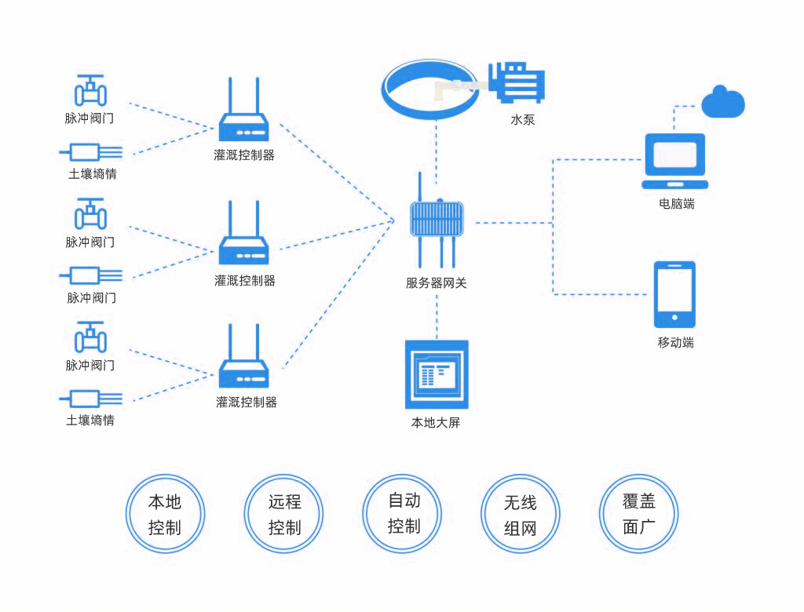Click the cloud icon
[x=722, y=103]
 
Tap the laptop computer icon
[x=674, y=161]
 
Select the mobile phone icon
[x=674, y=294]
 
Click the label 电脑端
[x=677, y=204]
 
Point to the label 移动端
[x=675, y=343]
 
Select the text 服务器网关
[x=437, y=283]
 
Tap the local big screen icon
[x=437, y=374]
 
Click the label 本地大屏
[x=436, y=423]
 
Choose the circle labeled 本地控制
[x=165, y=514]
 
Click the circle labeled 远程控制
[x=284, y=514]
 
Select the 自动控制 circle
[x=403, y=513]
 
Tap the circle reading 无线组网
[x=520, y=514]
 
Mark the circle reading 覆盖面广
[x=638, y=513]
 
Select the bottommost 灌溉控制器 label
[x=247, y=403]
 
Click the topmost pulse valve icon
[x=90, y=91]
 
